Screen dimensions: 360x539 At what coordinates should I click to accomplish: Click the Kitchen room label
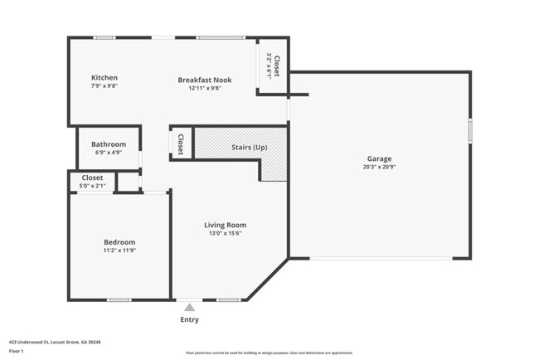point(104,78)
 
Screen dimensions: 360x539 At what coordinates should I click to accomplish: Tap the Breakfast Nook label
point(205,80)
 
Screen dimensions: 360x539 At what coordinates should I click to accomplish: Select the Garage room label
point(380,158)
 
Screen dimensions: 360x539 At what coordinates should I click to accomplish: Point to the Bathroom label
point(109,144)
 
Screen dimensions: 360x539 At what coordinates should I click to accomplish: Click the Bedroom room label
point(119,242)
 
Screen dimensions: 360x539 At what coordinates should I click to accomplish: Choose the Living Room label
point(226,225)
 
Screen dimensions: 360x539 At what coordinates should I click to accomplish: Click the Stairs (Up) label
point(249,147)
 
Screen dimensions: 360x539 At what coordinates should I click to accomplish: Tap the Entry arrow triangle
point(189,308)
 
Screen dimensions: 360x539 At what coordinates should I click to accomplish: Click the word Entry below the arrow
point(189,319)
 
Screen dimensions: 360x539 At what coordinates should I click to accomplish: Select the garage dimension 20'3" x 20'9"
point(380,167)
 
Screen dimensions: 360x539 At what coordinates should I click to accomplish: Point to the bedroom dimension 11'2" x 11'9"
point(119,250)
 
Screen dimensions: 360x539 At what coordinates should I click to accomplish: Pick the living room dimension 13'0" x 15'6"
point(226,233)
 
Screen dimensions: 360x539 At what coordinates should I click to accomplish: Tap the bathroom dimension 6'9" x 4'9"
point(109,153)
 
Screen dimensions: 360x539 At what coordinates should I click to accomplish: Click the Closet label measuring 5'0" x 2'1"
point(93,178)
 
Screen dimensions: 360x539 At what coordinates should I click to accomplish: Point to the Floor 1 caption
point(17,351)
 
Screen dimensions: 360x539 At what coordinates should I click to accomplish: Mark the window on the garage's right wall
point(470,130)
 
